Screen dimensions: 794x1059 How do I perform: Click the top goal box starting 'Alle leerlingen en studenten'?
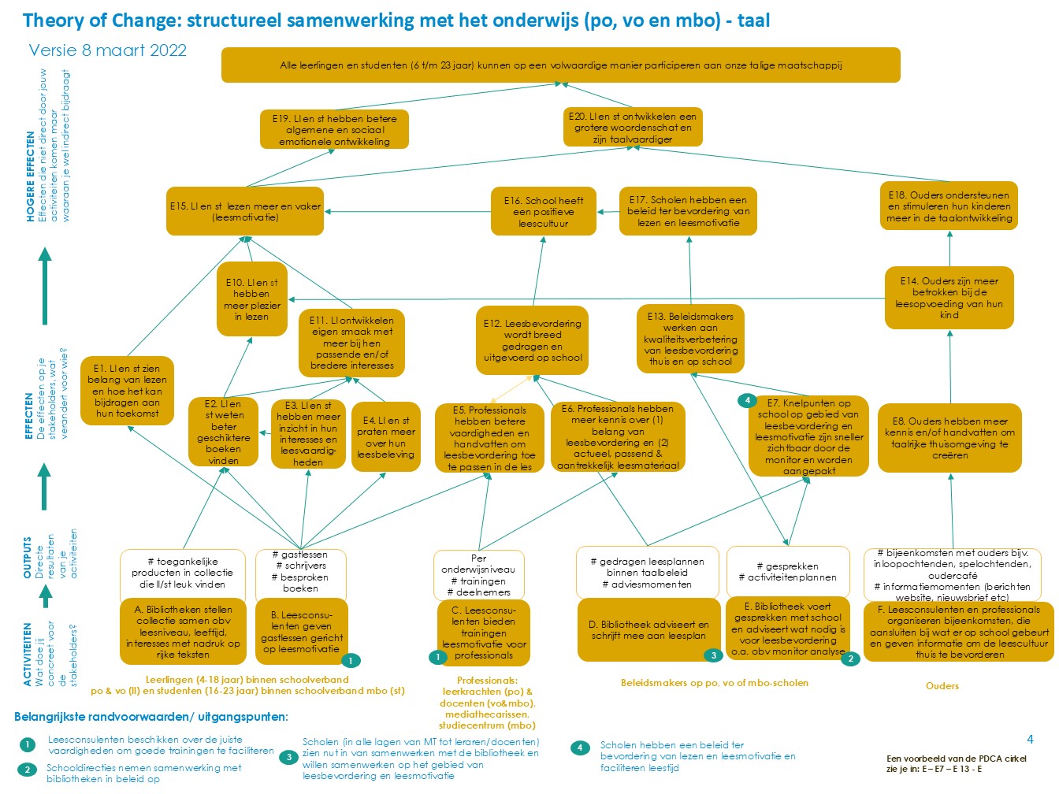(560, 65)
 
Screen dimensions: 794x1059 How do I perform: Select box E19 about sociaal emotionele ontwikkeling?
(334, 130)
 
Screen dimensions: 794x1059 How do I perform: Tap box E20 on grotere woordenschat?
(633, 128)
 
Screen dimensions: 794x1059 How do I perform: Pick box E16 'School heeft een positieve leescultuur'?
(544, 212)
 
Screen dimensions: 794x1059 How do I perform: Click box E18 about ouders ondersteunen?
(949, 206)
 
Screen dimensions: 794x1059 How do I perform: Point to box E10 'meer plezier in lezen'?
(251, 299)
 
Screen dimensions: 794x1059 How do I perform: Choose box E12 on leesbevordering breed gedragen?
(533, 340)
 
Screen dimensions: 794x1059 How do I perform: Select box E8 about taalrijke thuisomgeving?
(949, 438)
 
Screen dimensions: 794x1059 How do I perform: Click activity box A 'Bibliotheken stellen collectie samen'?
(183, 632)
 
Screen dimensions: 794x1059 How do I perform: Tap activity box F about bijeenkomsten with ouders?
(959, 632)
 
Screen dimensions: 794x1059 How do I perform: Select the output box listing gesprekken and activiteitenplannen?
(788, 572)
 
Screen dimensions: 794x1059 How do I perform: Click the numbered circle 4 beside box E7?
(746, 401)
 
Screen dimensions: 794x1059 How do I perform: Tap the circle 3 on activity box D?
(713, 655)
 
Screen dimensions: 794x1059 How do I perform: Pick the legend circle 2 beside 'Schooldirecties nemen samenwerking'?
(28, 770)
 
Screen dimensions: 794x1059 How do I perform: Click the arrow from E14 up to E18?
(949, 248)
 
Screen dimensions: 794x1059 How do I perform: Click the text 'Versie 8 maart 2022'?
(108, 50)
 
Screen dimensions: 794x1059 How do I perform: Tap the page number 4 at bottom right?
(1030, 739)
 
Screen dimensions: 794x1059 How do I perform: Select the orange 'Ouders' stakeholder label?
(942, 686)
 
